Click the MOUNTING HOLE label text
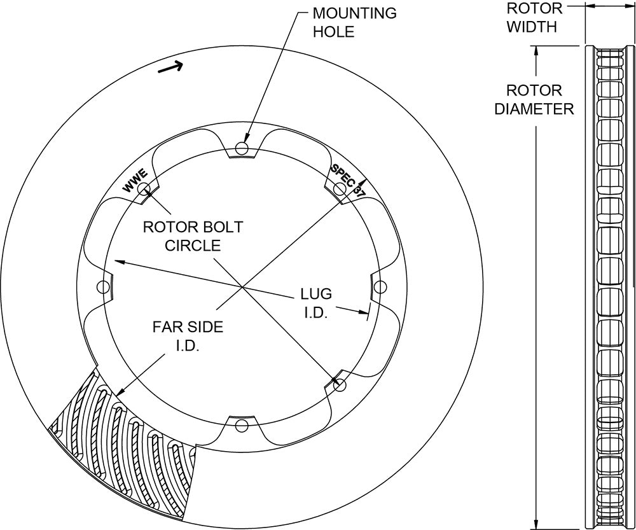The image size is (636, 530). pos(354,22)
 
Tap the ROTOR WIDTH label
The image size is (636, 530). pos(534,17)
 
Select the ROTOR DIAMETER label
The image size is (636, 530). pos(534,99)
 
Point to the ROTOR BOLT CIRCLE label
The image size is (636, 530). pos(193,236)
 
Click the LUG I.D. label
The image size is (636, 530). pos(315,303)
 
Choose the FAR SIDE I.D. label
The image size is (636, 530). pos(188,336)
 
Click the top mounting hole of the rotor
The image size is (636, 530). pos(242,148)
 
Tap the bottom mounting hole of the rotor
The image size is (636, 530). pos(242,426)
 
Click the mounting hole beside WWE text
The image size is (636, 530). pos(144,189)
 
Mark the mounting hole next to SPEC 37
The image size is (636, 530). pos(340,189)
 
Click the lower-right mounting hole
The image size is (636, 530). pos(340,385)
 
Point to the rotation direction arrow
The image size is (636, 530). pos(170,67)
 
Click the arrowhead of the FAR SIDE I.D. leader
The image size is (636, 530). pos(120,391)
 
